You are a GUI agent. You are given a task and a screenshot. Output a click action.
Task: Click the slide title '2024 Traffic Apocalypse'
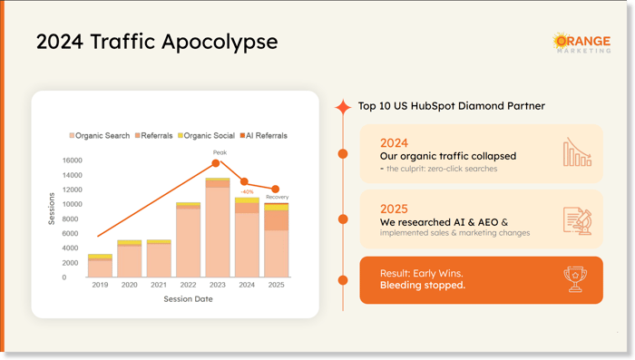tap(157, 42)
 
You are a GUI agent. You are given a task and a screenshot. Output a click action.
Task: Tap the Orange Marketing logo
tap(581, 44)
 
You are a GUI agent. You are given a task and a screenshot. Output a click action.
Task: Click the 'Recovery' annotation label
tap(278, 197)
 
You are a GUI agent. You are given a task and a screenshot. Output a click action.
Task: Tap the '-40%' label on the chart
tap(247, 191)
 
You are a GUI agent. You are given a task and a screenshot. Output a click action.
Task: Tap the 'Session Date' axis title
tap(188, 299)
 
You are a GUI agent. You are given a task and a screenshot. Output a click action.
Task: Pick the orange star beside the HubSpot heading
tap(342, 107)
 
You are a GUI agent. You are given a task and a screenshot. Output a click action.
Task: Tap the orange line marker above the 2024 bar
tap(244, 182)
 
